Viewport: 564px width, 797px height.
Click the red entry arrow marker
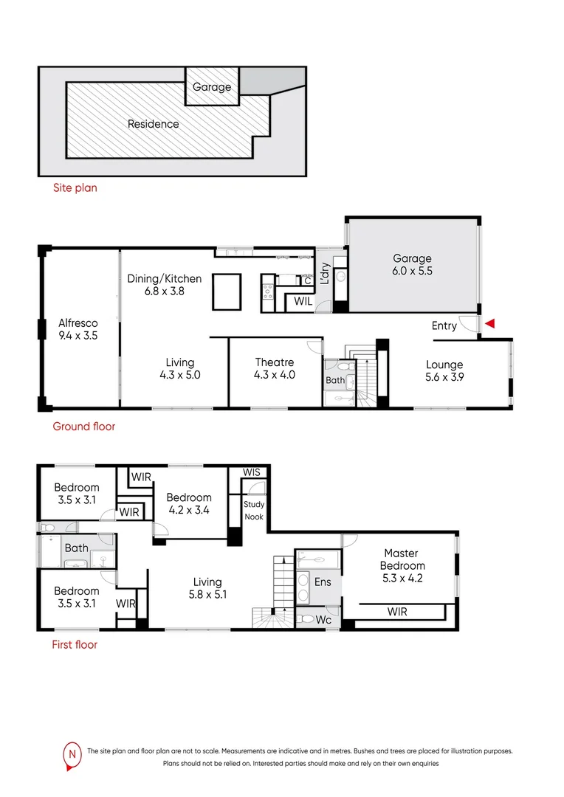(x=489, y=324)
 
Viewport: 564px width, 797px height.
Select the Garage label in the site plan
(x=212, y=87)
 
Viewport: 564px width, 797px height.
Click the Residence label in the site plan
(x=153, y=124)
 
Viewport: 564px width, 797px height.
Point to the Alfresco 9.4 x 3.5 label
(x=78, y=329)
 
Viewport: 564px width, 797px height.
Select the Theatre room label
(x=275, y=368)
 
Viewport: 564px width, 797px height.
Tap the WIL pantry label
(x=303, y=302)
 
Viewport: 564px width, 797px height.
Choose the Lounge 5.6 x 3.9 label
(x=444, y=370)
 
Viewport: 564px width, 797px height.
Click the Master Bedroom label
(x=401, y=559)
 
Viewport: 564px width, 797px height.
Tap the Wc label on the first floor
(x=324, y=619)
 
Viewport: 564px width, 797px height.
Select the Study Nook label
(x=254, y=510)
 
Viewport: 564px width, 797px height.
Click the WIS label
(x=252, y=472)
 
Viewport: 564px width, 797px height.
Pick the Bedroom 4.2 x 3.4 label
(x=189, y=504)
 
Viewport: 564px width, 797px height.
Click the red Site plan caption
(x=75, y=188)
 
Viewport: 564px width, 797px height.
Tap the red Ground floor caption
(x=83, y=427)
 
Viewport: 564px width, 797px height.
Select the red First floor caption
(x=74, y=644)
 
